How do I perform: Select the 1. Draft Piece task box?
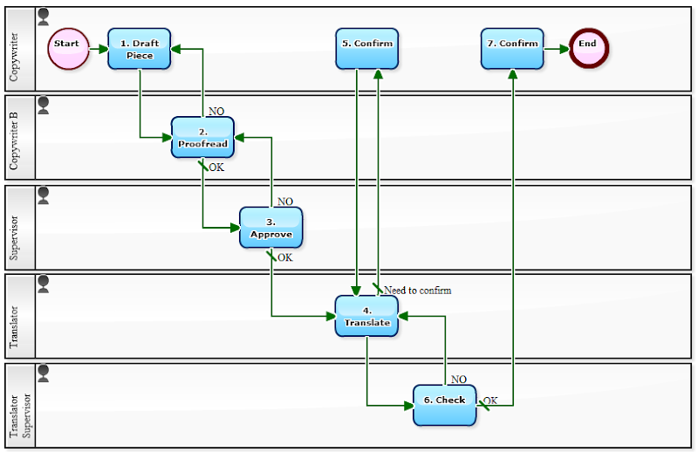click(x=140, y=49)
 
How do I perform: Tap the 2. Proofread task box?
click(x=202, y=138)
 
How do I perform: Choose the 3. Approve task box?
click(x=271, y=228)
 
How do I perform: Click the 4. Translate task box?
click(x=366, y=316)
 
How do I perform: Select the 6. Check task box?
click(x=444, y=405)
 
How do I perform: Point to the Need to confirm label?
click(x=417, y=291)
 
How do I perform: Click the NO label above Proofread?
click(x=216, y=112)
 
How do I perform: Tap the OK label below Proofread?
click(x=216, y=168)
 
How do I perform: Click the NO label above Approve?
click(x=285, y=202)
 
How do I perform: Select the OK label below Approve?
click(x=285, y=257)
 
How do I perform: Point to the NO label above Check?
click(x=459, y=380)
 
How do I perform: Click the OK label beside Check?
click(x=490, y=401)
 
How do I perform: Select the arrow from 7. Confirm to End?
click(x=556, y=48)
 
